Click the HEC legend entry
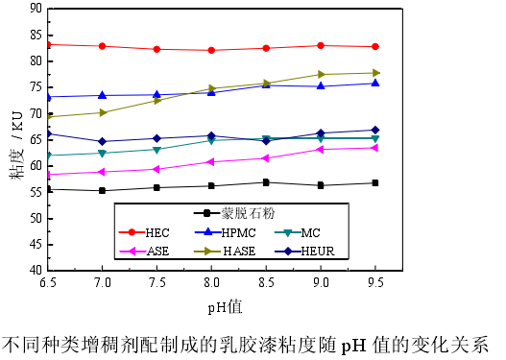click(x=144, y=232)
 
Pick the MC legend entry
click(x=299, y=232)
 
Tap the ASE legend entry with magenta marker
click(x=144, y=251)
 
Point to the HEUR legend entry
click(x=303, y=251)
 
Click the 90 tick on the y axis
click(x=36, y=8)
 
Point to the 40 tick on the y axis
click(x=36, y=271)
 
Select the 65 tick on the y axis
click(x=36, y=139)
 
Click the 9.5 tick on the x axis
click(x=375, y=283)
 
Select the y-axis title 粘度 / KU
click(x=16, y=138)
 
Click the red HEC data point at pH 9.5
click(x=375, y=46)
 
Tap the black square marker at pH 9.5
click(x=375, y=182)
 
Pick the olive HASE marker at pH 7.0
click(x=103, y=112)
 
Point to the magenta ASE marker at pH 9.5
click(x=375, y=147)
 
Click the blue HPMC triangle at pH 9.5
click(x=375, y=84)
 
